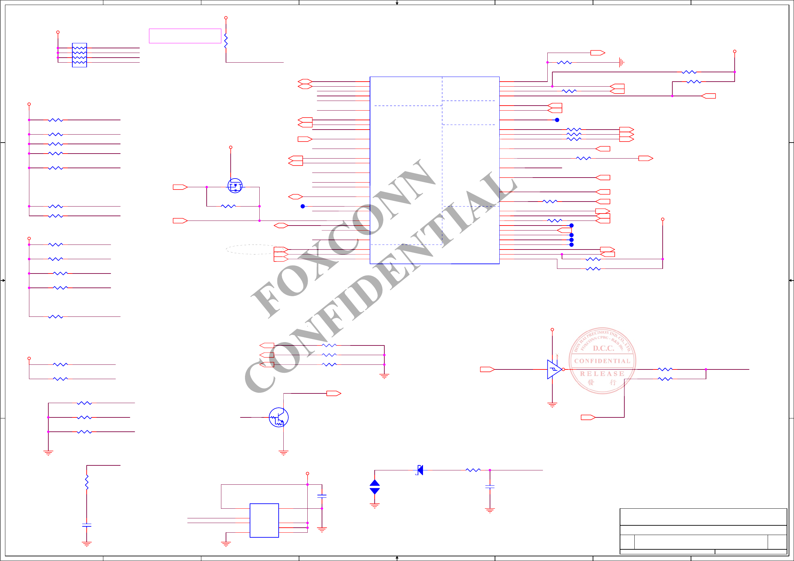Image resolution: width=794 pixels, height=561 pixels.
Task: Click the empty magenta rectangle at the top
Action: click(x=185, y=36)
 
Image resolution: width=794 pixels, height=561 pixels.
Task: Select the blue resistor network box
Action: click(x=79, y=55)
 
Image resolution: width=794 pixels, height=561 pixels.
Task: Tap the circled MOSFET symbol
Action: click(x=235, y=186)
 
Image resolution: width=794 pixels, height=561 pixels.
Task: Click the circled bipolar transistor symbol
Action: click(x=278, y=417)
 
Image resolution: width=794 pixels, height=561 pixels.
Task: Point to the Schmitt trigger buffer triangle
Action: click(x=554, y=369)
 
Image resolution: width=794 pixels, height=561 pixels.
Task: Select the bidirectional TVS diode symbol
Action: click(x=375, y=487)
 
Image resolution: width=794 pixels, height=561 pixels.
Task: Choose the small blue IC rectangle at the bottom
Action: click(x=264, y=520)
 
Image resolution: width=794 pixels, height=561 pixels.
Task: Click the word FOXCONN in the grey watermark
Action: click(x=342, y=239)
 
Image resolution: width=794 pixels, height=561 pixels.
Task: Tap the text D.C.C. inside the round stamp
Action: click(x=603, y=348)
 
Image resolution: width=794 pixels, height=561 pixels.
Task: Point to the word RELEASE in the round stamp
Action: click(x=602, y=374)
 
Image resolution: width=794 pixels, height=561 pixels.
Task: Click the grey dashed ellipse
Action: click(x=255, y=249)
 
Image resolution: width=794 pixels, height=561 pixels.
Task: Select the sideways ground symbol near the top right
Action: click(x=621, y=63)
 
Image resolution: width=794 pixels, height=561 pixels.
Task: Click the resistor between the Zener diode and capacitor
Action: click(x=473, y=470)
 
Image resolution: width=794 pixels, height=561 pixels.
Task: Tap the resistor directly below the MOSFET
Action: click(x=228, y=206)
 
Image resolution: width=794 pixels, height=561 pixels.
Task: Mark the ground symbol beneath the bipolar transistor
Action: click(x=283, y=453)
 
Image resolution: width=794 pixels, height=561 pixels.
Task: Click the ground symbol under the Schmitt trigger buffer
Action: click(x=552, y=405)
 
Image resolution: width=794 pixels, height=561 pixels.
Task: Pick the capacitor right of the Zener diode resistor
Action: click(x=490, y=487)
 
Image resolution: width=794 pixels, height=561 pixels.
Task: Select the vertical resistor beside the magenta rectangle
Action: click(x=226, y=41)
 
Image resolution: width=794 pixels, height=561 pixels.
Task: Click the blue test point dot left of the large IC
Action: click(x=303, y=206)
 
